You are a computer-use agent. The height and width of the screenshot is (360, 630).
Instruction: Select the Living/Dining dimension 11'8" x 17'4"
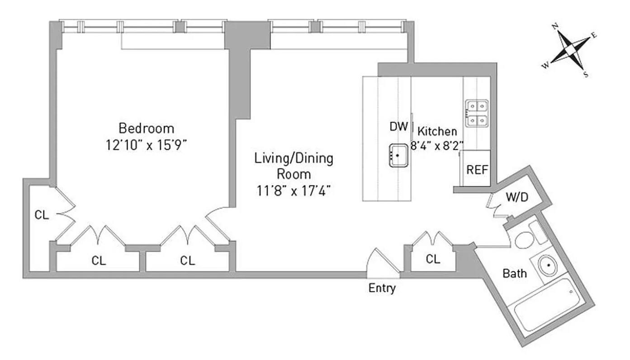(x=294, y=190)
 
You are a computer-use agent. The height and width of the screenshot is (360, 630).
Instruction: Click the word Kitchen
(x=437, y=132)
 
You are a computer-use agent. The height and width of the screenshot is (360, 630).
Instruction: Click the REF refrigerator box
(x=477, y=171)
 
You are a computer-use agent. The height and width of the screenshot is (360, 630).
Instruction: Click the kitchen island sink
(x=398, y=156)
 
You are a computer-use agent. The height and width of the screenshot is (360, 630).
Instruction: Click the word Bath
(x=515, y=273)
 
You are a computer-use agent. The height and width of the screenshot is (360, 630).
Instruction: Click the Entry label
(x=382, y=288)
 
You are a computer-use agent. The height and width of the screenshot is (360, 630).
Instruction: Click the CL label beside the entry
(x=433, y=259)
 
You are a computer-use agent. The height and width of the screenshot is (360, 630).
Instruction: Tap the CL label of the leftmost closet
(x=42, y=215)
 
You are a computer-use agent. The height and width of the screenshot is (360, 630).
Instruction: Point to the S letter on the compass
(x=586, y=75)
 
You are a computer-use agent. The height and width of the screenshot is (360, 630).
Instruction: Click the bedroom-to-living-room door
(x=219, y=222)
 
